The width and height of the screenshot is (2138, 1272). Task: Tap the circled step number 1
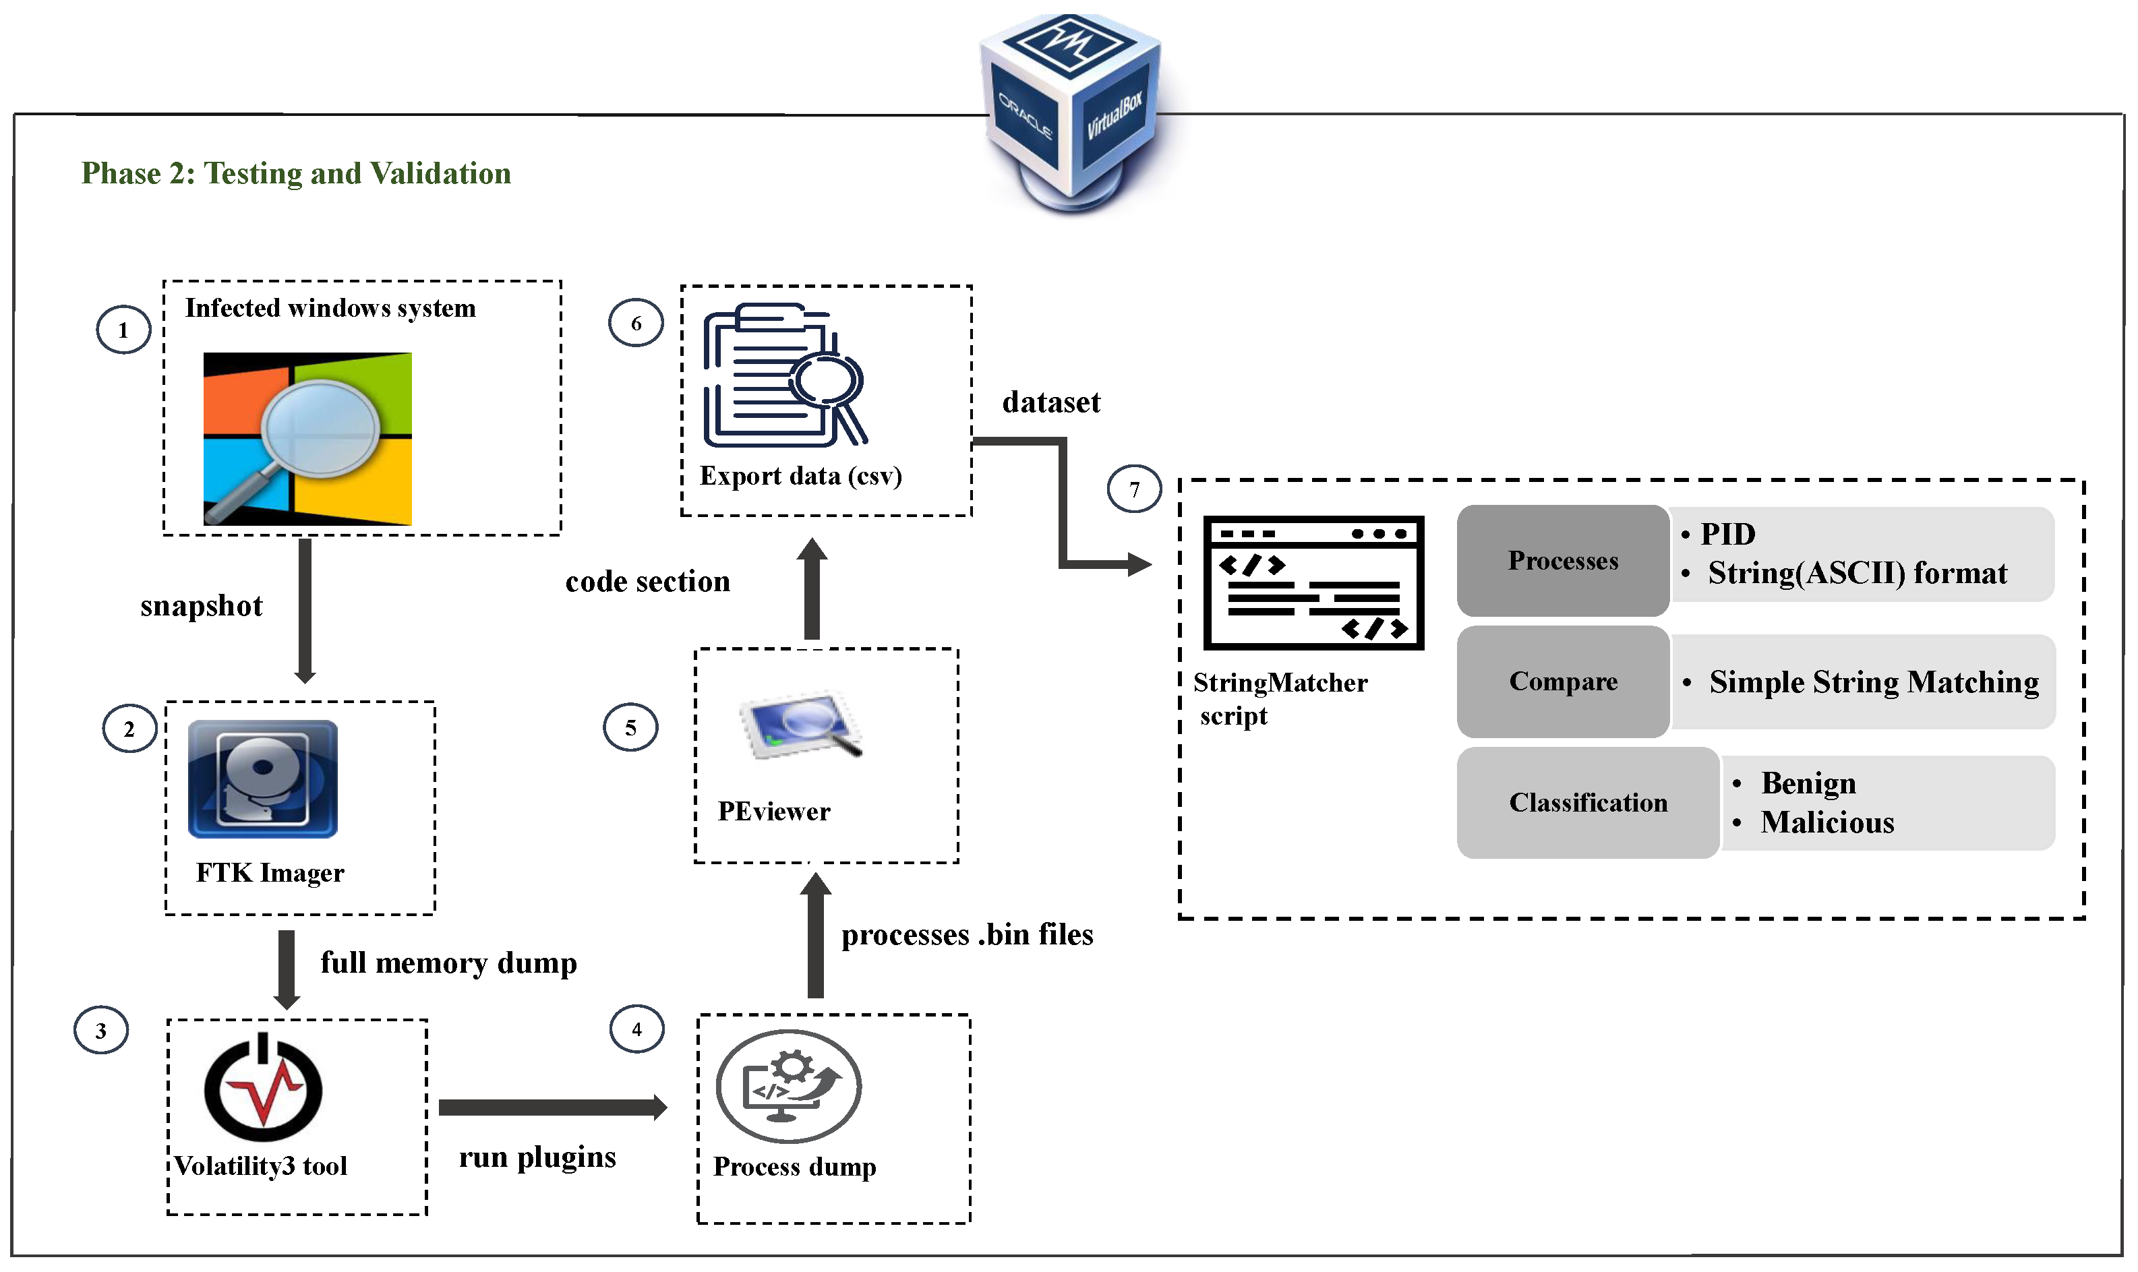pyautogui.click(x=123, y=330)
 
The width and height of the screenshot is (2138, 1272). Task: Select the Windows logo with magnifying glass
pyautogui.click(x=307, y=438)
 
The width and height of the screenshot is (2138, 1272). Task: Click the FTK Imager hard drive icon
pyautogui.click(x=262, y=779)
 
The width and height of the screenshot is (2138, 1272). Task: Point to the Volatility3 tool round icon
pyautogui.click(x=263, y=1089)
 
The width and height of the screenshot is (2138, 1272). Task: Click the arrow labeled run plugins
pyautogui.click(x=552, y=1108)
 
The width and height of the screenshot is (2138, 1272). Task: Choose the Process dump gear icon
pyautogui.click(x=789, y=1086)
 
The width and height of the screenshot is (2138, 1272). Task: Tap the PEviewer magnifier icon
pyautogui.click(x=802, y=724)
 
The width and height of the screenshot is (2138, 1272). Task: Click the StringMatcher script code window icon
pyautogui.click(x=1313, y=583)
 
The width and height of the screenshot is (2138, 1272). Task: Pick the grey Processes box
pyautogui.click(x=1563, y=561)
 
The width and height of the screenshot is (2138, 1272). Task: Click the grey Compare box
pyautogui.click(x=1563, y=682)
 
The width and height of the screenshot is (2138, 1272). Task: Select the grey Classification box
pyautogui.click(x=1588, y=802)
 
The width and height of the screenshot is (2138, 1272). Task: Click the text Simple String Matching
pyautogui.click(x=1873, y=682)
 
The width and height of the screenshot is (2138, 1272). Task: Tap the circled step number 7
pyautogui.click(x=1134, y=489)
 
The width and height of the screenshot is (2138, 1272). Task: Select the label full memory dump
pyautogui.click(x=448, y=963)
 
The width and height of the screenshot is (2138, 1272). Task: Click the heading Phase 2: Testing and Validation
pyautogui.click(x=296, y=173)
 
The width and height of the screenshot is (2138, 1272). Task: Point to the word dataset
pyautogui.click(x=1051, y=402)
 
